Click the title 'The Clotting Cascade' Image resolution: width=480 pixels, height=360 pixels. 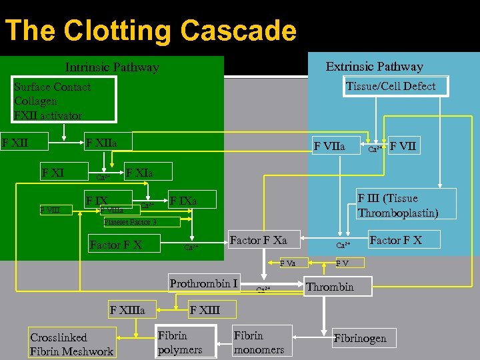[x=150, y=31]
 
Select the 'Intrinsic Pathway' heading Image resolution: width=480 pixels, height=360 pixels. [x=112, y=67]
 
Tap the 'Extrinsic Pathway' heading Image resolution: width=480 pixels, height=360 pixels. [x=374, y=67]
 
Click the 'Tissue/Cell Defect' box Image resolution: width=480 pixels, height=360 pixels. [x=391, y=86]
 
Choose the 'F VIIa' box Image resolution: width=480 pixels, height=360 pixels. [x=329, y=144]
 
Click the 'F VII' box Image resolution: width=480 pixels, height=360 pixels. [x=404, y=144]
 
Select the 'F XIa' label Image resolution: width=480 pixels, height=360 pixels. [x=139, y=173]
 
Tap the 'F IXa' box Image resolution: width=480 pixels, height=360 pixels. [x=183, y=200]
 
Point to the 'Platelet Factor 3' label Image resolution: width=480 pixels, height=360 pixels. [x=130, y=222]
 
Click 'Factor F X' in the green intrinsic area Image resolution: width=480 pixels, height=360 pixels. [x=116, y=244]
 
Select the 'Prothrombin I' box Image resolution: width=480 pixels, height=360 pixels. [x=204, y=284]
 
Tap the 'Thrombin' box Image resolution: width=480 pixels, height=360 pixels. [x=330, y=287]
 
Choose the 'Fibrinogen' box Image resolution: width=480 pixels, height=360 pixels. [x=360, y=338]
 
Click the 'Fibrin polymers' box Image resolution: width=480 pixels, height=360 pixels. [x=180, y=342]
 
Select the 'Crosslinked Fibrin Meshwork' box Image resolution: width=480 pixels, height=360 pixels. [x=72, y=345]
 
